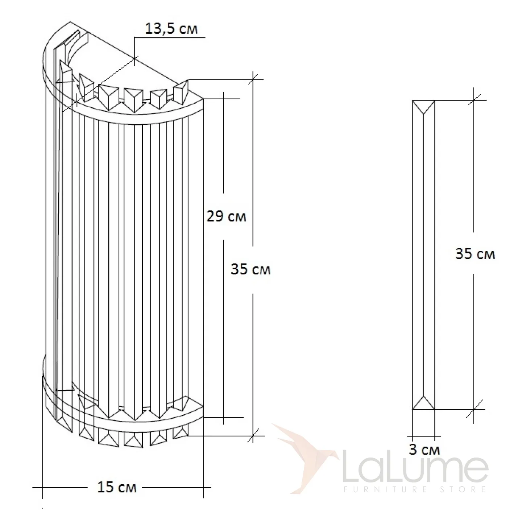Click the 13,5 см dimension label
(171, 28)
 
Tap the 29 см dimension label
(226, 216)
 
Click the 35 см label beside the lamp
(250, 269)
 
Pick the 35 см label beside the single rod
(475, 254)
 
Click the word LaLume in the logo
(415, 464)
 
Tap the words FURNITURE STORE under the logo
(415, 489)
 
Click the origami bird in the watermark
(306, 458)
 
